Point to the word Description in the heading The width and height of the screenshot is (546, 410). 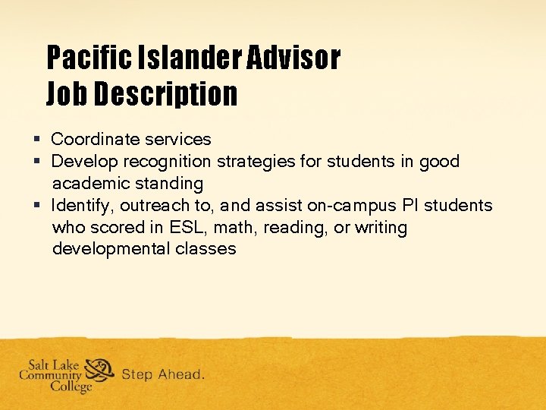click(x=166, y=95)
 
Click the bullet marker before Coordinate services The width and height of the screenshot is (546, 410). click(x=36, y=140)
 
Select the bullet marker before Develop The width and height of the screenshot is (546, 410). click(x=36, y=162)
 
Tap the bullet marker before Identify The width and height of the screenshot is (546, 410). click(x=36, y=206)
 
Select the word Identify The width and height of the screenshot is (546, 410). click(x=82, y=206)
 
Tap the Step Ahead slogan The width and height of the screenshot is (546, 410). click(x=162, y=374)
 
